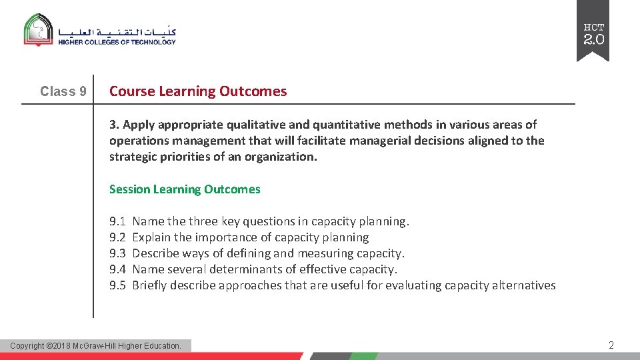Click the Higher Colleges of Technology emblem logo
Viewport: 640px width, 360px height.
click(39, 30)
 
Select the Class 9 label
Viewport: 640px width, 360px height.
click(63, 91)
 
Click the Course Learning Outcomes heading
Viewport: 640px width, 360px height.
click(198, 91)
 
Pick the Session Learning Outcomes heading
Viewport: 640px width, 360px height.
click(185, 189)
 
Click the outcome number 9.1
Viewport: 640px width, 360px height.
click(117, 221)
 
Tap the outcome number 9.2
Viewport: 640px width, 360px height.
click(117, 237)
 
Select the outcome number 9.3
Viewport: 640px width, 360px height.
click(117, 253)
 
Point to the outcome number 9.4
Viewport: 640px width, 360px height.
click(117, 269)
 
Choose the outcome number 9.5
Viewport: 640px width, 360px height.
click(117, 285)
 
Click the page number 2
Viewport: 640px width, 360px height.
click(611, 345)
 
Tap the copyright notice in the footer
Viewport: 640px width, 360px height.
click(96, 345)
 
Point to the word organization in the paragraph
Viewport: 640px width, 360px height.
click(284, 157)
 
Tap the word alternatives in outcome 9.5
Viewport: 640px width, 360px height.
click(523, 285)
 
